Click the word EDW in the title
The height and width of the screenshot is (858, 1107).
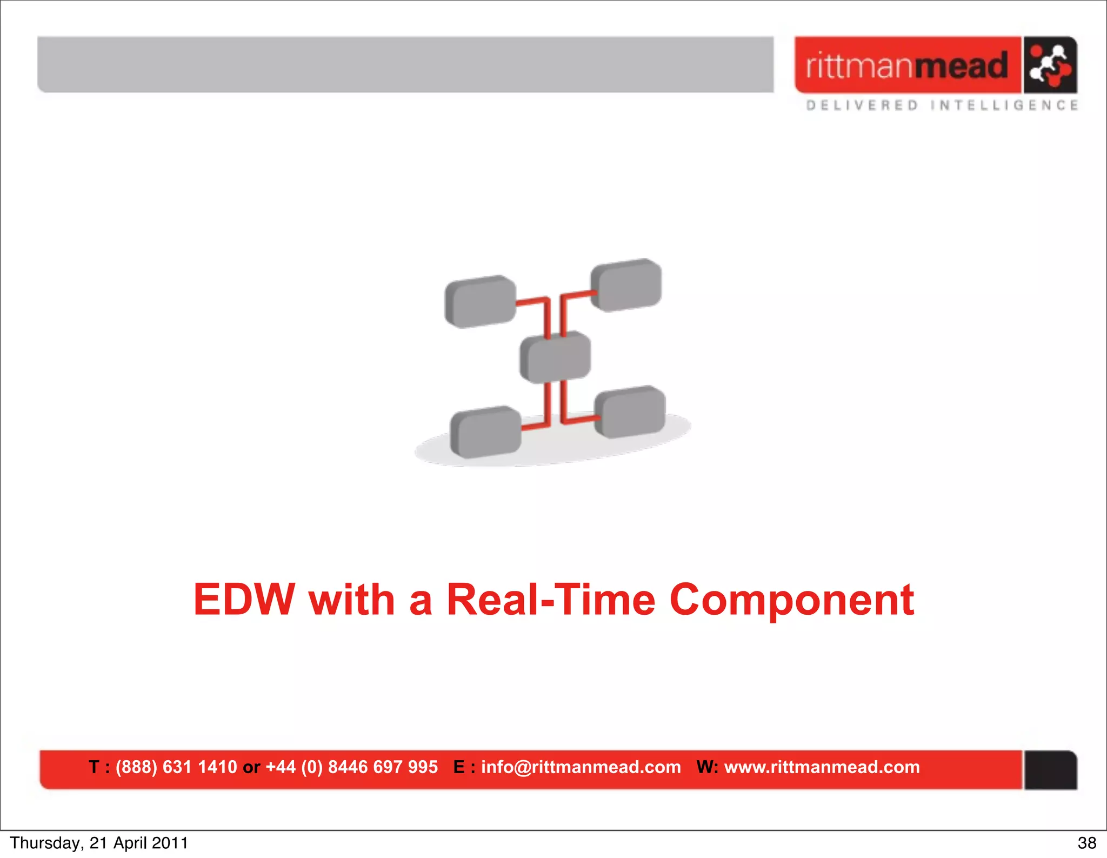[x=244, y=600]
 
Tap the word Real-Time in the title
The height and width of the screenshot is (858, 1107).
[x=551, y=600]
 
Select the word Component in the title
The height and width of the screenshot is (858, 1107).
[x=791, y=601]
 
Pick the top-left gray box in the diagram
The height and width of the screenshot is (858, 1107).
[x=480, y=302]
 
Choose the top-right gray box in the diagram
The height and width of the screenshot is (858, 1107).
[x=626, y=285]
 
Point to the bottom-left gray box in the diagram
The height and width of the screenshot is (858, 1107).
[x=485, y=433]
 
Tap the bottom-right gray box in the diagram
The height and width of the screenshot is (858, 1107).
[x=630, y=412]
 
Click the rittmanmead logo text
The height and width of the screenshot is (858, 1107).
[x=907, y=65]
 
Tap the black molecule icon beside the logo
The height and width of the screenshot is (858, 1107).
[x=1049, y=65]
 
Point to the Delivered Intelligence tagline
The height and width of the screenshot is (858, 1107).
[x=942, y=105]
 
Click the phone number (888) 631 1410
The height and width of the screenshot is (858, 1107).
[x=176, y=767]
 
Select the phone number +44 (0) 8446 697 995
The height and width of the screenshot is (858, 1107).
[x=351, y=767]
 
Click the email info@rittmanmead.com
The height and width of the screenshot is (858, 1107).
[x=581, y=767]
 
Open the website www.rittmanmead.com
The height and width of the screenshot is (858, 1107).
[x=822, y=767]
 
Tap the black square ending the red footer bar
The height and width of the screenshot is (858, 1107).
[x=1050, y=770]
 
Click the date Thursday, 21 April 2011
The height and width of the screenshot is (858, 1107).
[x=99, y=843]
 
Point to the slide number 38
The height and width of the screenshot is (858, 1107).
[x=1086, y=843]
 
